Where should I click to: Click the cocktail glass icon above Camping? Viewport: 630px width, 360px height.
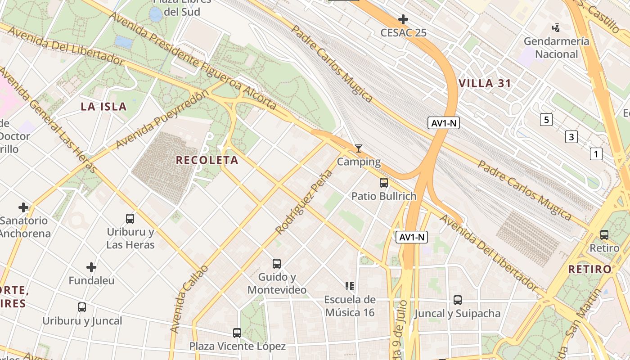(359, 148)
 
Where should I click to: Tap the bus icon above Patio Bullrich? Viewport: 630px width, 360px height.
(384, 183)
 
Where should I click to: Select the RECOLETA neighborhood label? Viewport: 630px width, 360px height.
(207, 160)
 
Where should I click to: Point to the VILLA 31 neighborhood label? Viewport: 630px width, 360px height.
(485, 83)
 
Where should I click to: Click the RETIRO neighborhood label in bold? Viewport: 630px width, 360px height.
(590, 270)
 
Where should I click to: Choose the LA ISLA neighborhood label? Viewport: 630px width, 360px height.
(103, 107)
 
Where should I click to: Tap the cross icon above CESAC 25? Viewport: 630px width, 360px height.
(403, 19)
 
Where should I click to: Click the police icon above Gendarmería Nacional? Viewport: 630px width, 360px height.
(556, 28)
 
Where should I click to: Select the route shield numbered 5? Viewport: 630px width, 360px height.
(546, 120)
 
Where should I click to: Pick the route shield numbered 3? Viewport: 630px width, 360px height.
(571, 137)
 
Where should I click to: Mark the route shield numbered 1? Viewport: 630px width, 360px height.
(596, 154)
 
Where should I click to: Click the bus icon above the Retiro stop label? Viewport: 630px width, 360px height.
(604, 235)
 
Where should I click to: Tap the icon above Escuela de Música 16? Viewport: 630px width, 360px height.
(350, 286)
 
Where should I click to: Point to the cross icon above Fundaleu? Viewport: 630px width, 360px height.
(91, 267)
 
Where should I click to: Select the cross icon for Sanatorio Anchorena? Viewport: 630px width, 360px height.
(23, 207)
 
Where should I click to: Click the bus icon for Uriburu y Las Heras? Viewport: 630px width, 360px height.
(130, 219)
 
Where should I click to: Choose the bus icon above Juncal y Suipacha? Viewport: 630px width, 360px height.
(458, 300)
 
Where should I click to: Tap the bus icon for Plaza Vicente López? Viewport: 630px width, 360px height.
(237, 333)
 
